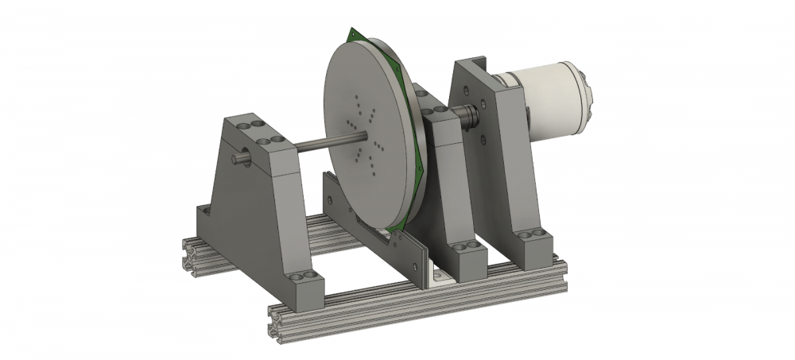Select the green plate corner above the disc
(x=354, y=33)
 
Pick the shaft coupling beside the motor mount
(x=471, y=117)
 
